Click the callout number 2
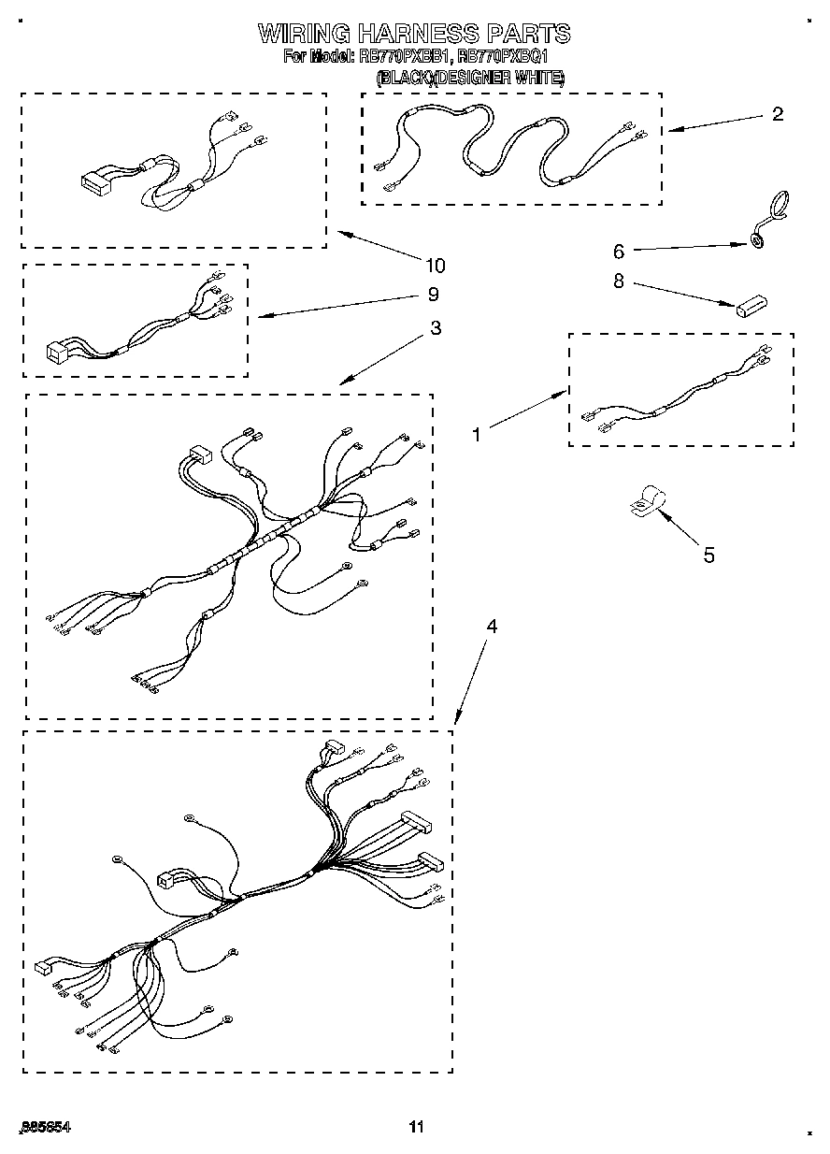tap(777, 115)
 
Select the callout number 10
tap(436, 265)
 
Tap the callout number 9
tap(433, 294)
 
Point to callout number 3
tap(436, 328)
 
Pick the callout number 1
tap(477, 434)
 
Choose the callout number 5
tap(708, 555)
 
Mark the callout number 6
tap(618, 251)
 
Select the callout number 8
tap(618, 281)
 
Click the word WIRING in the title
tap(308, 34)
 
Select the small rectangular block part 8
tap(750, 306)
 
